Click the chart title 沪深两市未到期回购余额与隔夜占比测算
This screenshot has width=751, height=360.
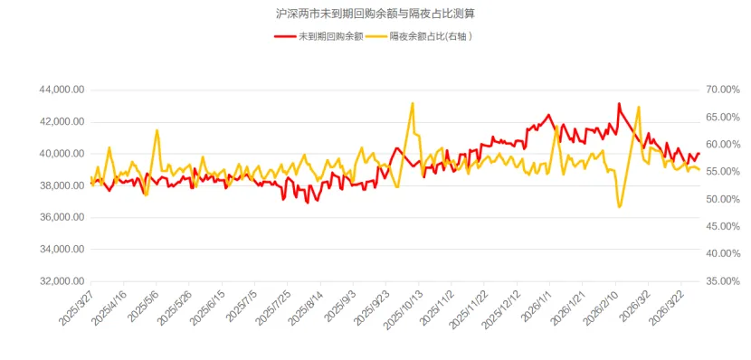point(375,14)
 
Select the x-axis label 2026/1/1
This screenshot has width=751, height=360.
point(537,304)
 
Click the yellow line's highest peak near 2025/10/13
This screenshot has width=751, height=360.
point(413,103)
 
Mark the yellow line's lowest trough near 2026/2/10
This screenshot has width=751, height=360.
point(620,207)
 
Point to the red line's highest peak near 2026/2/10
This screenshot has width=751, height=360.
point(619,104)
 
